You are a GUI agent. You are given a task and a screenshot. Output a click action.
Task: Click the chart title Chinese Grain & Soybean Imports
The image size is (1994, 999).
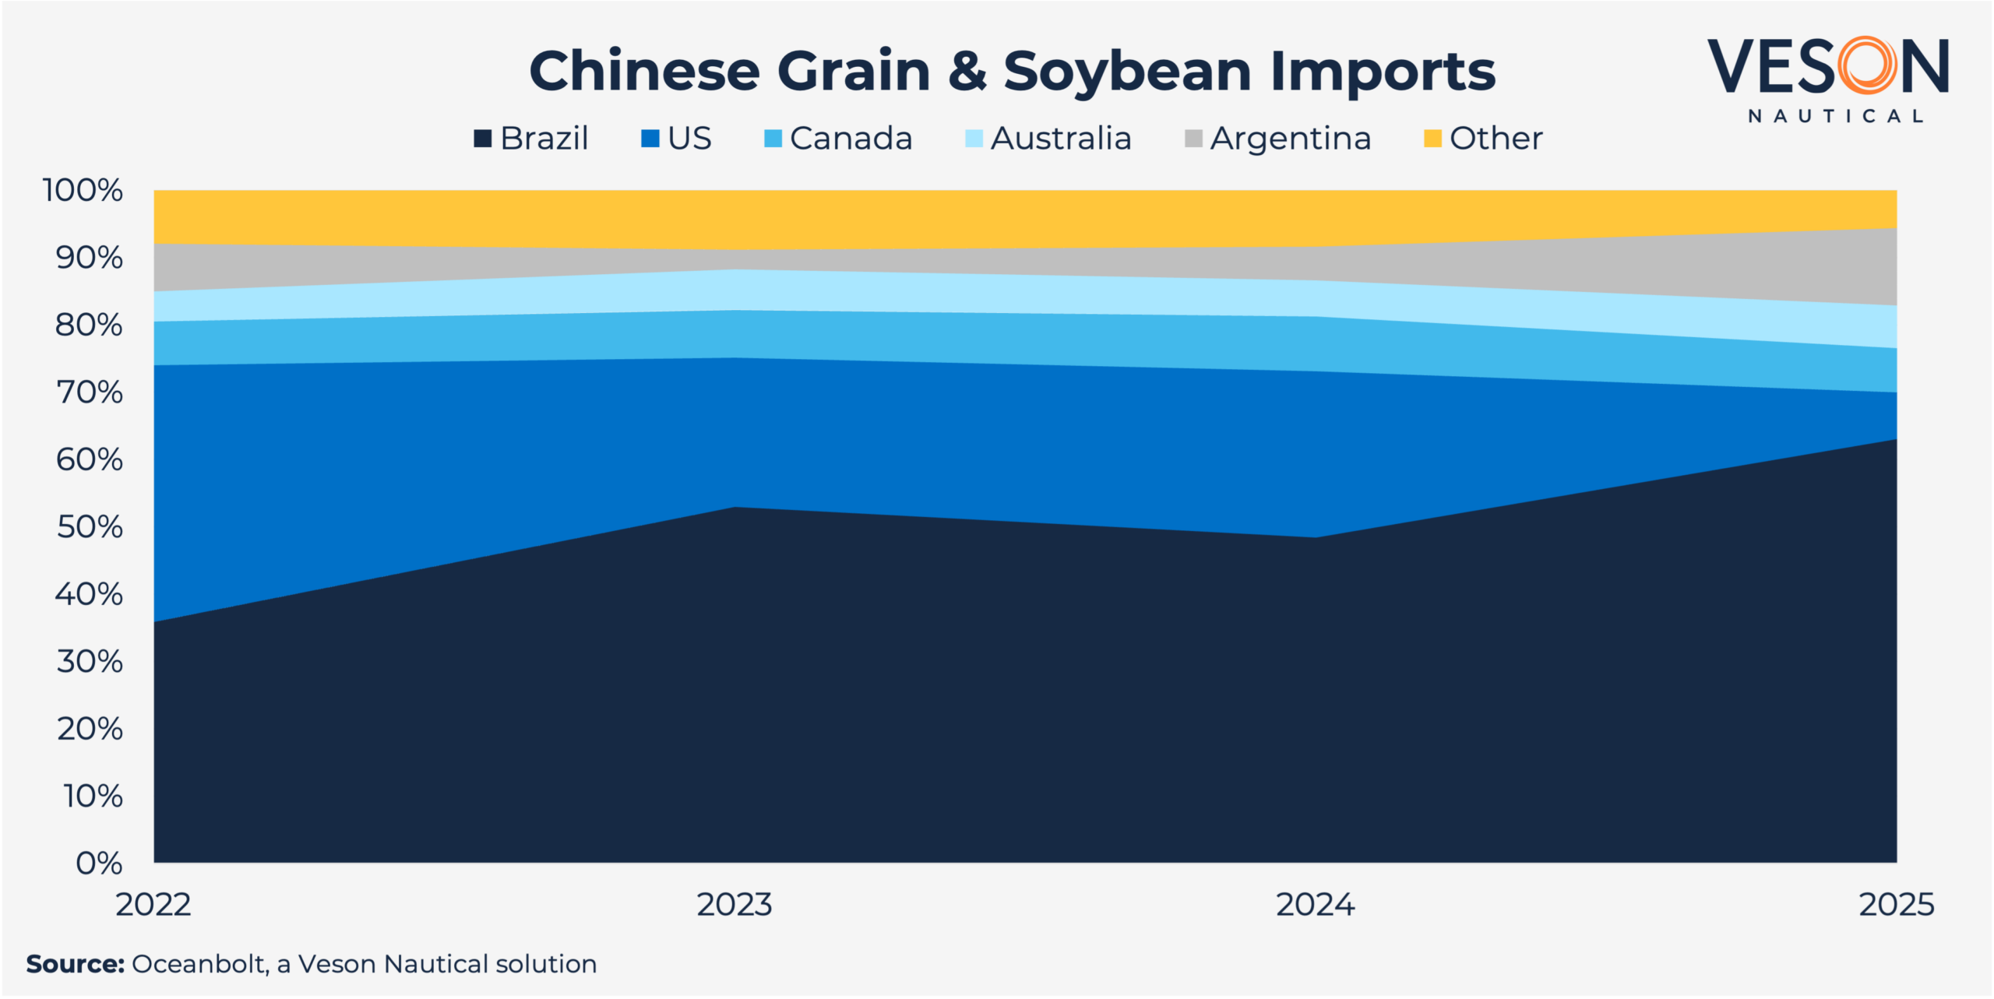tap(1012, 71)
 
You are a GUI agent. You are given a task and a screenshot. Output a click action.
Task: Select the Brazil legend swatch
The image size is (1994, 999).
tap(483, 139)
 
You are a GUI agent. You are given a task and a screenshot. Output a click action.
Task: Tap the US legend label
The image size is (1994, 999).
tap(689, 139)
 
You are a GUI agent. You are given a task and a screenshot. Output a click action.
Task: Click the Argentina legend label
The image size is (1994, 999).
tap(1290, 139)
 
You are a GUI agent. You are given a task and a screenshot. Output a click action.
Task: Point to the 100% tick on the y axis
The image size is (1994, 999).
tap(83, 190)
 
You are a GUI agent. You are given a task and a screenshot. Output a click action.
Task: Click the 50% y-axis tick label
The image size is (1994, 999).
tap(90, 527)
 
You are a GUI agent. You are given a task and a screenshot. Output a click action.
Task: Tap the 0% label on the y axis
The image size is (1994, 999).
tap(99, 863)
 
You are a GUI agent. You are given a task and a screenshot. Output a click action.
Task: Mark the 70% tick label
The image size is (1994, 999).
tap(90, 392)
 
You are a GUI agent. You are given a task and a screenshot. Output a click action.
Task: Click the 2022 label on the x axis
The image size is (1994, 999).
tap(153, 905)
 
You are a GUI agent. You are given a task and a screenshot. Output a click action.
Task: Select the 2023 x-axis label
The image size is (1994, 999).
tap(735, 905)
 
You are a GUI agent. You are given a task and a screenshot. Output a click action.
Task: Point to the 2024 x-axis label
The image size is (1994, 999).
tap(1316, 905)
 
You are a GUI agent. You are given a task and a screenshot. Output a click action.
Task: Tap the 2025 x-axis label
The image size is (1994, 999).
tap(1896, 905)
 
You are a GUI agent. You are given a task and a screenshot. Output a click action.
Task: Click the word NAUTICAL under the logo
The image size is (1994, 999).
tap(1836, 116)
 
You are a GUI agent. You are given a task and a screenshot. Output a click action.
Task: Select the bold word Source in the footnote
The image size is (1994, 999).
tap(75, 964)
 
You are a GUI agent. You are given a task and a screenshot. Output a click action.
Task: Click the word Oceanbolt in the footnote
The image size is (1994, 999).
tap(199, 964)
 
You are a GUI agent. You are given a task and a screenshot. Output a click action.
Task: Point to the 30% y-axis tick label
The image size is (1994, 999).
tap(90, 662)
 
